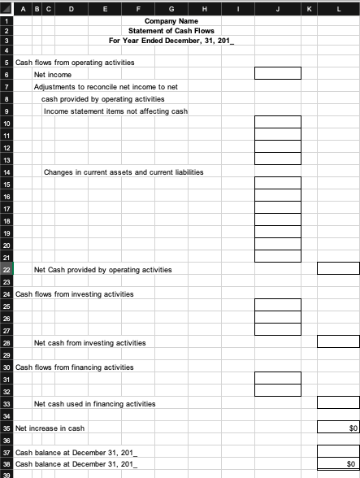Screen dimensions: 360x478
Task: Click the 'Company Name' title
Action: tap(171, 20)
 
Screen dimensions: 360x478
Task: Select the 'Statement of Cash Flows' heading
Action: tap(171, 30)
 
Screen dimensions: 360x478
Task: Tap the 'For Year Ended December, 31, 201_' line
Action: tap(171, 40)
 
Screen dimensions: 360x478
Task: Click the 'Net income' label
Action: tap(53, 74)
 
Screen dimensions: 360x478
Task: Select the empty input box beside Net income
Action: tap(278, 74)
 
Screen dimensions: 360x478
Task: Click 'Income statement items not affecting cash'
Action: tap(115, 111)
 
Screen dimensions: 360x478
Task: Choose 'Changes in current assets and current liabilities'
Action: tap(124, 172)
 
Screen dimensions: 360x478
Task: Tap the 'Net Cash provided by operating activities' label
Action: tap(102, 269)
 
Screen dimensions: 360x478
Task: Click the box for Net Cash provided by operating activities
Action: tap(337, 269)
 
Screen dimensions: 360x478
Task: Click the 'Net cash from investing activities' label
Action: tap(90, 343)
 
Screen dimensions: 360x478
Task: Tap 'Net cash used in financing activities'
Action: tap(94, 403)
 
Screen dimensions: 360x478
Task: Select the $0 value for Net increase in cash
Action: tap(337, 428)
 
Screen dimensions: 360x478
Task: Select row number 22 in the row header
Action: tap(7, 269)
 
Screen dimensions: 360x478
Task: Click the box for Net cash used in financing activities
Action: tap(337, 403)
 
